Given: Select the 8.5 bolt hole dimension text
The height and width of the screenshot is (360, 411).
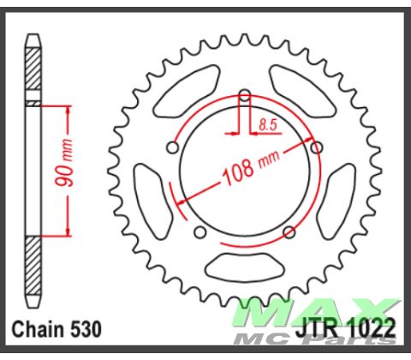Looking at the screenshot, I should coord(265,125).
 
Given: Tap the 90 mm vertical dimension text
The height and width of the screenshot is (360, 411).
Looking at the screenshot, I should coord(75,167).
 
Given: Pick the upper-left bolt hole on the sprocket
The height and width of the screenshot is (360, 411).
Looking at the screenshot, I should coord(172,148).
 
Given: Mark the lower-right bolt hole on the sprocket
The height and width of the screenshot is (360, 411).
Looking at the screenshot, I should coord(289,231).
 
